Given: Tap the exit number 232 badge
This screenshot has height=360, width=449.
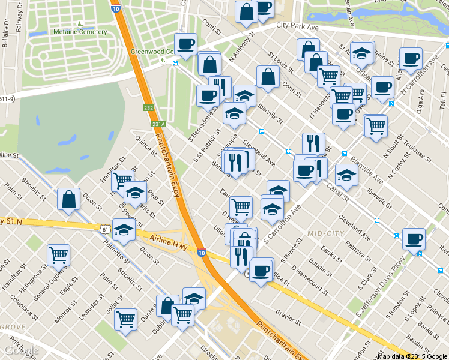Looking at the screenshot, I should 149,108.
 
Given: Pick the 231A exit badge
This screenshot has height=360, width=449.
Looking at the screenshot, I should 158,124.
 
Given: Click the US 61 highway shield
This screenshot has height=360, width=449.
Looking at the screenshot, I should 105,229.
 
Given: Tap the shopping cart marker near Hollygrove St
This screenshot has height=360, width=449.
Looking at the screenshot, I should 58,255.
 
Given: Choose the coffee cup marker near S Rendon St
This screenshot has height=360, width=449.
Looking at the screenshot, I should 414,238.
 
